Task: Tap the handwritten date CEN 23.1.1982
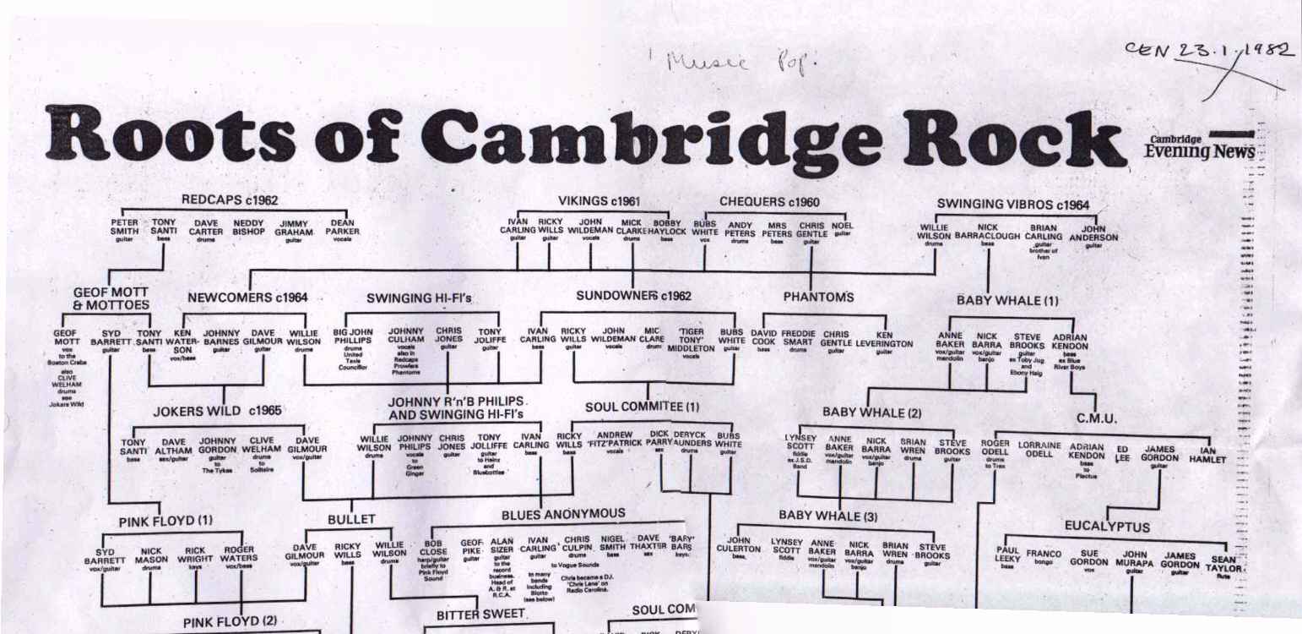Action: pos(1208,52)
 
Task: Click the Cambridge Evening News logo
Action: pos(1200,145)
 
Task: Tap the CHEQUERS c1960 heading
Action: pos(769,202)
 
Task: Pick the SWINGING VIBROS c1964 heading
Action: pos(1013,205)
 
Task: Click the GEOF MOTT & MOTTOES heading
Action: pos(111,298)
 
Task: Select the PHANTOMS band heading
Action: pos(818,297)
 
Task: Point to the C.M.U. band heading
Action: pos(1097,418)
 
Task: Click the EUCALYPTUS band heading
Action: pos(1107,527)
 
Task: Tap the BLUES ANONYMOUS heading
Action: pos(563,514)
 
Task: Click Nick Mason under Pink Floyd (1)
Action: pos(151,555)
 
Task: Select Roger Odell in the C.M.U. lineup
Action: pos(995,448)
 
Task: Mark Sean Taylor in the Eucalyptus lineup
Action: pos(1223,565)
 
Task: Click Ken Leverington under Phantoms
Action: pos(884,339)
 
